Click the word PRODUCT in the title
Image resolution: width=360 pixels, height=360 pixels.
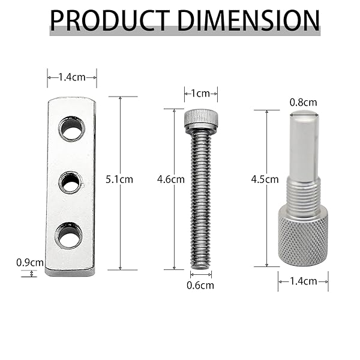[x=109, y=20]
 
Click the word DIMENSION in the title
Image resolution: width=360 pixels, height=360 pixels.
[x=248, y=20]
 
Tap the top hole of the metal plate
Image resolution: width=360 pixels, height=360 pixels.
[x=72, y=129]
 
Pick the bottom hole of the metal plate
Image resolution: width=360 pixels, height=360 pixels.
[x=68, y=235]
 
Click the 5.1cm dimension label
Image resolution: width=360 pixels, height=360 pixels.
[x=119, y=179]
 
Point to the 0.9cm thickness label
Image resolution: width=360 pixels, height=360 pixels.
[x=30, y=262]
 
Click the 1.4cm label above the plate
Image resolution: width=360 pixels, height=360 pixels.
[x=72, y=77]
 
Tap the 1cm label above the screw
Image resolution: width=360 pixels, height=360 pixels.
[x=200, y=94]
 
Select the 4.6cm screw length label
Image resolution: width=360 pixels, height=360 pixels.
[x=171, y=179]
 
